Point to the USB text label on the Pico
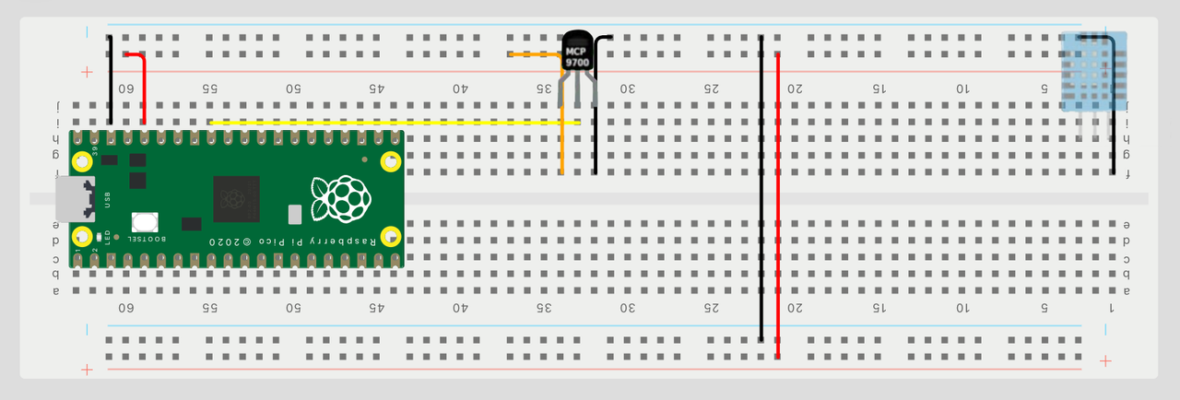(x=108, y=199)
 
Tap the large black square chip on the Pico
(x=236, y=198)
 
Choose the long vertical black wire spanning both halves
(x=761, y=188)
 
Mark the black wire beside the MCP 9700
(x=596, y=111)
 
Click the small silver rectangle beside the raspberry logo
(x=295, y=215)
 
